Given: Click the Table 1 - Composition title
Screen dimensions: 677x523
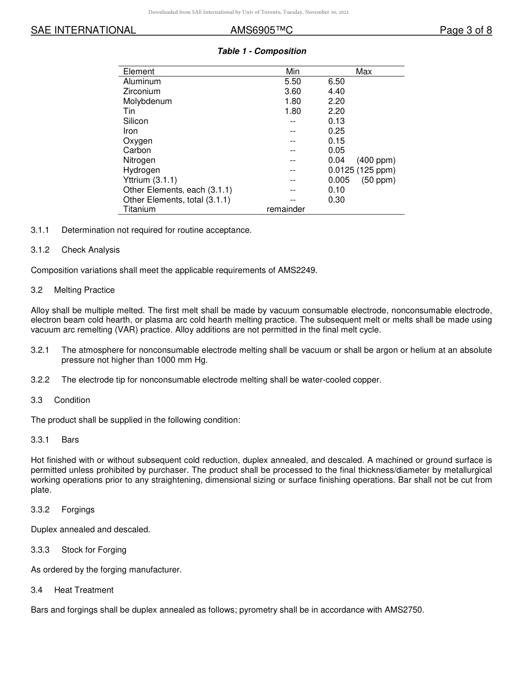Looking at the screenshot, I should click(x=261, y=51).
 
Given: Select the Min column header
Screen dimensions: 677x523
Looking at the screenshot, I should click(x=292, y=72).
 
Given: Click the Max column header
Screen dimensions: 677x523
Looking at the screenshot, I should click(x=363, y=72).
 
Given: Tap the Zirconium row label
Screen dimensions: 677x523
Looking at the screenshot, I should click(x=141, y=91).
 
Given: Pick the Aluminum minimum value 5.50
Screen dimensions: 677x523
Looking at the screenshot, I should click(x=292, y=81).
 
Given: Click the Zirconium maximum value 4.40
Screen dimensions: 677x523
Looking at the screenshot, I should click(x=336, y=91).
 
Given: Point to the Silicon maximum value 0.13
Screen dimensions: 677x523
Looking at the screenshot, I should click(x=336, y=121).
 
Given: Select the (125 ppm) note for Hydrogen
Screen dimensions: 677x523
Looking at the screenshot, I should click(x=376, y=170).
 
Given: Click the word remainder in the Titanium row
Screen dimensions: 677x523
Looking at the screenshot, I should click(x=286, y=209).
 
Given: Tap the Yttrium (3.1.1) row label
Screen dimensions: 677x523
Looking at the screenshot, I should click(x=150, y=180).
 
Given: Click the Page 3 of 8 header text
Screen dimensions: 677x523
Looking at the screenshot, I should click(x=465, y=31).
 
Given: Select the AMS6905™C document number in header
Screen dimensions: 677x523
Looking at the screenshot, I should click(x=261, y=31).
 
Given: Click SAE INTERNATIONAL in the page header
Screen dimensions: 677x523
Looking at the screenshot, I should click(x=83, y=31).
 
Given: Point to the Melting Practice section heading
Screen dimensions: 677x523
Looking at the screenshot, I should click(x=84, y=290).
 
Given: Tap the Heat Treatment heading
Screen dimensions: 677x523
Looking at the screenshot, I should click(x=84, y=590).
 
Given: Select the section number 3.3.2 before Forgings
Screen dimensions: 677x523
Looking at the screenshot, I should click(x=40, y=510).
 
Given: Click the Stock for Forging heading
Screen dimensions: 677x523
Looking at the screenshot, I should click(x=94, y=550).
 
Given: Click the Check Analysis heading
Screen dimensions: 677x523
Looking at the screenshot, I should click(x=90, y=250).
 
